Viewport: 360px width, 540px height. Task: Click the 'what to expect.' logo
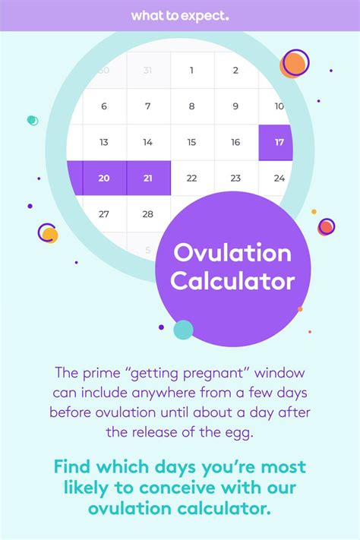[x=180, y=16]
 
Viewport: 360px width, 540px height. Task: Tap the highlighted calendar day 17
[x=276, y=143]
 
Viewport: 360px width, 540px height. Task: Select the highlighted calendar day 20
[x=104, y=178]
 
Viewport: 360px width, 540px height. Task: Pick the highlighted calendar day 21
[x=148, y=178]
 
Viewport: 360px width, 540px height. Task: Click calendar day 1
[x=191, y=71]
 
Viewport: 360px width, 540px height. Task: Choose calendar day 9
[x=235, y=106]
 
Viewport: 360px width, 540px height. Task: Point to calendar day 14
[x=148, y=142]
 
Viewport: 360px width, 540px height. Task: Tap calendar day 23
[x=235, y=178]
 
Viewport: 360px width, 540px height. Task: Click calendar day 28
[x=148, y=214]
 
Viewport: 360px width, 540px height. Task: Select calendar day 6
[x=104, y=106]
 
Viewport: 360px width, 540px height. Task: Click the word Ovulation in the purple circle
[x=232, y=253]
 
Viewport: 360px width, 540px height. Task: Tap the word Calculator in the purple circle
[x=232, y=281]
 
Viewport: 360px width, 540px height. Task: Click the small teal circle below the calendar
[x=183, y=330]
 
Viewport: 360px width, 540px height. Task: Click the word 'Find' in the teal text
[x=71, y=466]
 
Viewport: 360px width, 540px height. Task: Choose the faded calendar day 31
[x=147, y=71]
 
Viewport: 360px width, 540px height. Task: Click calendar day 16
[x=235, y=142]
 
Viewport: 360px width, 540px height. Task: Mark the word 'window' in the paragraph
[x=279, y=373]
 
